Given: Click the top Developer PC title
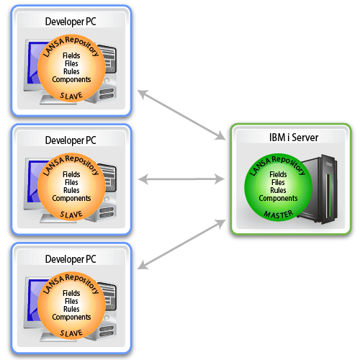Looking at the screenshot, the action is pyautogui.click(x=71, y=22).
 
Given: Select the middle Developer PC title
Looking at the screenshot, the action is pyautogui.click(x=71, y=140).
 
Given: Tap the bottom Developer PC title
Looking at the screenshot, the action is pyautogui.click(x=71, y=259).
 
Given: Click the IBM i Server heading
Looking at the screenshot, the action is pyautogui.click(x=294, y=138).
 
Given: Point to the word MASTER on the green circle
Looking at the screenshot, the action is pyautogui.click(x=279, y=215).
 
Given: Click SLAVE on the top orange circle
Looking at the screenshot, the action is pyautogui.click(x=71, y=96).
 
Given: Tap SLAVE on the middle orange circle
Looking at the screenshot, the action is pyautogui.click(x=71, y=215).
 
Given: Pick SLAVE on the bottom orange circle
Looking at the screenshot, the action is pyautogui.click(x=71, y=333).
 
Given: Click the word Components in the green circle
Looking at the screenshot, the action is pyautogui.click(x=278, y=199).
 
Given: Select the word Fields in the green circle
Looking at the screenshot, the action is pyautogui.click(x=278, y=174).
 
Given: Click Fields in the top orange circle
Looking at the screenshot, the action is pyautogui.click(x=71, y=55).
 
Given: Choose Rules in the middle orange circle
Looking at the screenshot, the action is pyautogui.click(x=71, y=190).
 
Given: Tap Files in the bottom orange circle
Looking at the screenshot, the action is pyautogui.click(x=71, y=301).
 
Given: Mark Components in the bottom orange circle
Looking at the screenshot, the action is pyautogui.click(x=71, y=318).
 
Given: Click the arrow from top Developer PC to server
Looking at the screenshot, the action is pyautogui.click(x=181, y=114).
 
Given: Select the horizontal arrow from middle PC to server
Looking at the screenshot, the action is pyautogui.click(x=181, y=179).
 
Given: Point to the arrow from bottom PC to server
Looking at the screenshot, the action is pyautogui.click(x=181, y=244).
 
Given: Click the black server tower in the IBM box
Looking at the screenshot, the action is pyautogui.click(x=319, y=189).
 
